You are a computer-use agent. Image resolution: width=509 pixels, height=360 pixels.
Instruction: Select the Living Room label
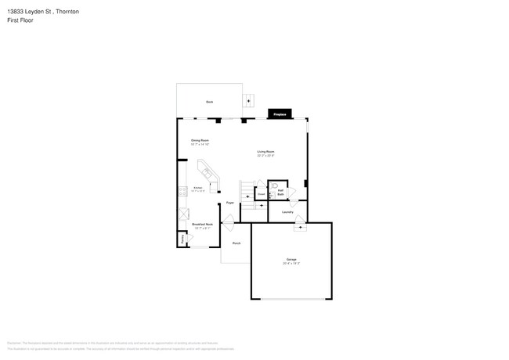point(265,151)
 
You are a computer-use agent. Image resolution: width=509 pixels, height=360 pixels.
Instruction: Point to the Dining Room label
point(200,140)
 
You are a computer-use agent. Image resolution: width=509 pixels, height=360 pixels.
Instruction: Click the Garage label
point(291,259)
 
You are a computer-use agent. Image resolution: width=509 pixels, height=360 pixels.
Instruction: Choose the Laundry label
point(287,212)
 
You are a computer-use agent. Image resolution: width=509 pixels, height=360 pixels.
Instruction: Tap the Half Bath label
point(280,193)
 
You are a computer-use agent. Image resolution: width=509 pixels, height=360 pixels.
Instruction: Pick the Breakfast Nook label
point(204,225)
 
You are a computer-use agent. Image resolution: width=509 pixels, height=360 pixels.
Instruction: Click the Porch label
point(236,243)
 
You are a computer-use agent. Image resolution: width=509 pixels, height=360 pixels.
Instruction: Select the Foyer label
point(230,203)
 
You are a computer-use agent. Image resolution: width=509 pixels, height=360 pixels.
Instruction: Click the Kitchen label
point(198,187)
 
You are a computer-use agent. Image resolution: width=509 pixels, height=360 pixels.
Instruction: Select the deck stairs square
point(250,99)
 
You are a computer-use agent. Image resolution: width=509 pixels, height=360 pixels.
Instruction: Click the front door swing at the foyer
point(229,225)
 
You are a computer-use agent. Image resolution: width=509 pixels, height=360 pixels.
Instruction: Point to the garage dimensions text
point(291,264)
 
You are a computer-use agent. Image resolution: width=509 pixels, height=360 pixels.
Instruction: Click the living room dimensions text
point(265,156)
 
